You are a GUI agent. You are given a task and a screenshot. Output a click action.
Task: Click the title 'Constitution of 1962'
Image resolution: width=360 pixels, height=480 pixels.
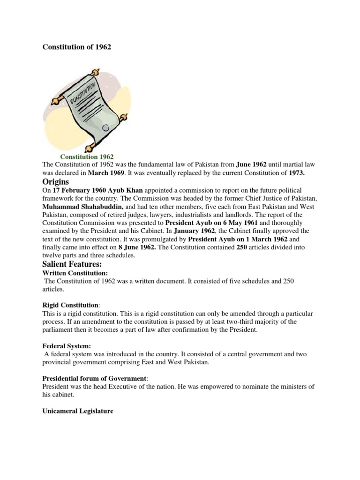(x=77, y=47)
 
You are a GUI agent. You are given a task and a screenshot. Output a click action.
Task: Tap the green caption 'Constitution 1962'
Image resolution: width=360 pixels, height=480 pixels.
(x=87, y=157)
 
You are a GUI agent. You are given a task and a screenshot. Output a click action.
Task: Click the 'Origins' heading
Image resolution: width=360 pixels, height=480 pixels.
(x=56, y=181)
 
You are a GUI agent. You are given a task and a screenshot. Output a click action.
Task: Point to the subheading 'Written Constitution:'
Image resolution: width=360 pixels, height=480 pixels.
(x=75, y=273)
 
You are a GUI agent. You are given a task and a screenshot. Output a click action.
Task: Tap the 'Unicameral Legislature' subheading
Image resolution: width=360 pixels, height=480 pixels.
(x=78, y=412)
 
